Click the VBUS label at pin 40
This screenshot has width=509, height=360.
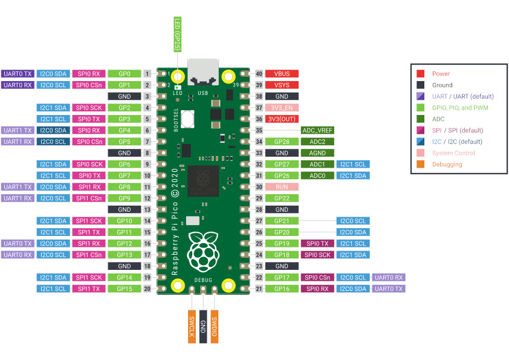tap(282, 73)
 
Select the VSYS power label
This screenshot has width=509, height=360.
tap(282, 85)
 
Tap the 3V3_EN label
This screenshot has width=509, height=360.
tap(282, 108)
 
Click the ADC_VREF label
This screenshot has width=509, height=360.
tap(317, 130)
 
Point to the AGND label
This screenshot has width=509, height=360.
tap(317, 153)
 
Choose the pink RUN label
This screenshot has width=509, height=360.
tap(282, 187)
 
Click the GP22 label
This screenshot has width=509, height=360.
tap(282, 198)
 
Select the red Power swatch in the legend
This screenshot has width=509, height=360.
tap(420, 74)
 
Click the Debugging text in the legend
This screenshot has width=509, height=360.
tap(447, 164)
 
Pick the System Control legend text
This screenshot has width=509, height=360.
tap(453, 153)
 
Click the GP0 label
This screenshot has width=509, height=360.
tap(125, 73)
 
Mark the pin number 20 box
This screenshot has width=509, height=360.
tap(147, 289)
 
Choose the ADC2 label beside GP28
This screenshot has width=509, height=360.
tap(317, 142)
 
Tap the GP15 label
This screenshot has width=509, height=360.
tap(125, 289)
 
